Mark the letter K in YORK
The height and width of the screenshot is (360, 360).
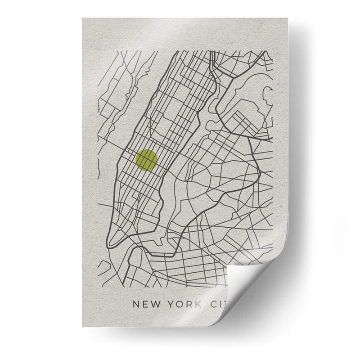point(198,305)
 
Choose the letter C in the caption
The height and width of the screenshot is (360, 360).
point(213,305)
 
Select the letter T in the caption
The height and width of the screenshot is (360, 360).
point(225,305)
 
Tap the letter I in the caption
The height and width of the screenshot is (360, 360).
point(220,305)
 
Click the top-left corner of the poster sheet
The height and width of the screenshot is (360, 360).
point(83,18)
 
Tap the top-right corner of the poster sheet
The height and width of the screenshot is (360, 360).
point(287,18)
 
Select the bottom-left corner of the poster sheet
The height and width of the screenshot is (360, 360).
point(83,328)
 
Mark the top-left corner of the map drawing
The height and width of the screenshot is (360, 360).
point(98,51)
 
